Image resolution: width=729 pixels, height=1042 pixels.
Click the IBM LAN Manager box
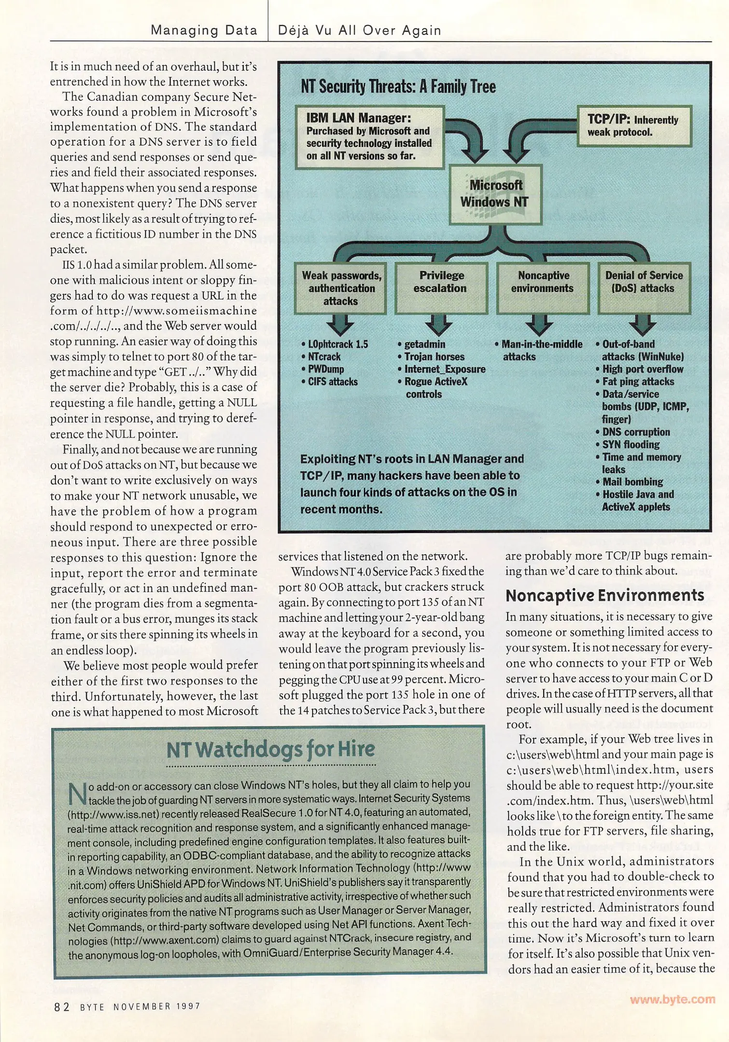[x=369, y=137]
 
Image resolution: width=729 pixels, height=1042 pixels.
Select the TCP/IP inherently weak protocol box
[x=634, y=125]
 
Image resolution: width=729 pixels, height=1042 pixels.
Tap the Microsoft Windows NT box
[x=495, y=194]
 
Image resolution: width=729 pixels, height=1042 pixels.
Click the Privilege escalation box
[x=441, y=288]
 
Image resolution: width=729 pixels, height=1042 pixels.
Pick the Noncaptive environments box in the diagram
[x=543, y=288]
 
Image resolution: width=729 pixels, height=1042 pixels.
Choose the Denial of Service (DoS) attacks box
[x=644, y=288]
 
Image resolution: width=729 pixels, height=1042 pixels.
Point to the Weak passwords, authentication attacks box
[x=341, y=288]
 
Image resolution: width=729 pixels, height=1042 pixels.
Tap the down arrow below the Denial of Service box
[x=643, y=325]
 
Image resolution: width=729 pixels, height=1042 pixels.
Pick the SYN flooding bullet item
[x=631, y=444]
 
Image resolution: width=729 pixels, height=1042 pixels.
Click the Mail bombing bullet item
[x=632, y=481]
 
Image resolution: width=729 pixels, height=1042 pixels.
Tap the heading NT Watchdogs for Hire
[x=270, y=750]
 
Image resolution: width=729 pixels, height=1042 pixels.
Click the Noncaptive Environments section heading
[x=605, y=595]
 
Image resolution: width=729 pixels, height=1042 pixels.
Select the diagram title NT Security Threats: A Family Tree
[x=398, y=87]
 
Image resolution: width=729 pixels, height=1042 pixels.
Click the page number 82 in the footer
[x=62, y=1007]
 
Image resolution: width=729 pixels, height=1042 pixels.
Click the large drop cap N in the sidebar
[x=77, y=794]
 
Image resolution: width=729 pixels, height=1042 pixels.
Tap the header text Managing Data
[x=204, y=30]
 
